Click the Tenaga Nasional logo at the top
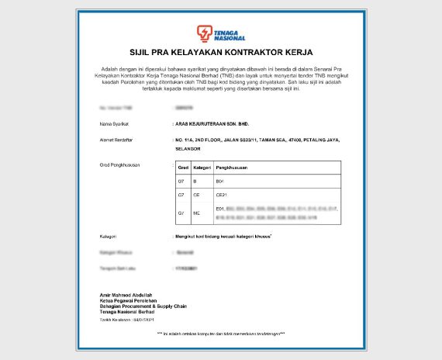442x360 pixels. tap(221, 33)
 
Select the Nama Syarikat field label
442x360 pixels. tap(114, 123)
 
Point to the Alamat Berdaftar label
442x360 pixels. tap(117, 140)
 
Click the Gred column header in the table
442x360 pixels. tap(183, 168)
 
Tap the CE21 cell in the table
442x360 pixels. tap(221, 195)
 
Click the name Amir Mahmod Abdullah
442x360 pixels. tap(127, 296)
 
